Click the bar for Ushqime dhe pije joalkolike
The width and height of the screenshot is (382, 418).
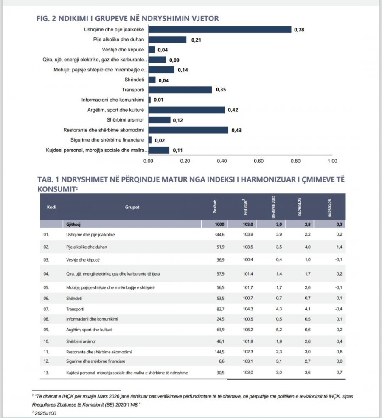click(220, 30)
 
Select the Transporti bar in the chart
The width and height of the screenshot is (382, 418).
click(180, 90)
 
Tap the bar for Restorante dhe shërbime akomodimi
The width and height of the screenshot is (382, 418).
click(188, 130)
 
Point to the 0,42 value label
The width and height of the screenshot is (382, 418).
click(233, 110)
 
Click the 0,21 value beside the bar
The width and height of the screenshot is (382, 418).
click(196, 40)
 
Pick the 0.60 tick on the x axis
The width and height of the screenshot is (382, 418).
click(258, 161)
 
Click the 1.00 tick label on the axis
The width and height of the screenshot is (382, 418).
click(332, 161)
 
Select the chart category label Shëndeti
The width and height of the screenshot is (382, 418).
click(135, 80)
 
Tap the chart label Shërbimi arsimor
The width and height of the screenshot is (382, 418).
click(125, 120)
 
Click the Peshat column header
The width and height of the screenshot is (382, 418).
click(215, 207)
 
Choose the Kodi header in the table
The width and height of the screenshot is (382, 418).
click(52, 207)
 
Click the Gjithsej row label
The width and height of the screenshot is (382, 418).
click(73, 225)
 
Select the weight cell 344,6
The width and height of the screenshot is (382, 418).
click(219, 235)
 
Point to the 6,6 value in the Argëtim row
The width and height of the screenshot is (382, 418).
click(308, 330)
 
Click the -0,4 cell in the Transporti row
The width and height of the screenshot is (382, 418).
click(339, 309)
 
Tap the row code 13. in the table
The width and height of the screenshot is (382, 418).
click(46, 373)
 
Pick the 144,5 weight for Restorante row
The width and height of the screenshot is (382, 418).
click(219, 352)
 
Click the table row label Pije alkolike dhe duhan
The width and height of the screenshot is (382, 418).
click(87, 247)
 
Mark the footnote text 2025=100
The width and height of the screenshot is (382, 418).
click(45, 413)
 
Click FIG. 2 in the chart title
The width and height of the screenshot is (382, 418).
click(46, 18)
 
